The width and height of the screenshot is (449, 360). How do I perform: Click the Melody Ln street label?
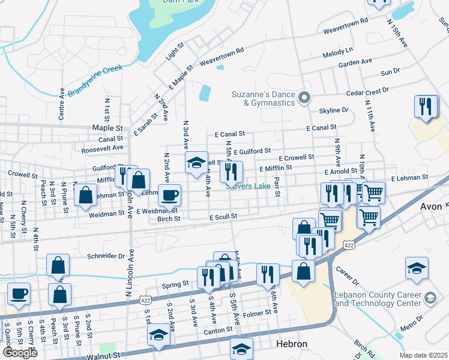click(338, 52)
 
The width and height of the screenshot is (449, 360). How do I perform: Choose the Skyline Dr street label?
click(334, 110)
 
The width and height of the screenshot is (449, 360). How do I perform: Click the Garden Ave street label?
click(355, 62)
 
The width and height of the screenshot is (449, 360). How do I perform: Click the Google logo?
click(20, 353)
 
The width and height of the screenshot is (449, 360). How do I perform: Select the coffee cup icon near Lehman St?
click(169, 194)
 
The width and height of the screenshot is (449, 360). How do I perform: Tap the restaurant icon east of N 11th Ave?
click(426, 107)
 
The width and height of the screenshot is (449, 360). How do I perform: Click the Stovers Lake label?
click(247, 187)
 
